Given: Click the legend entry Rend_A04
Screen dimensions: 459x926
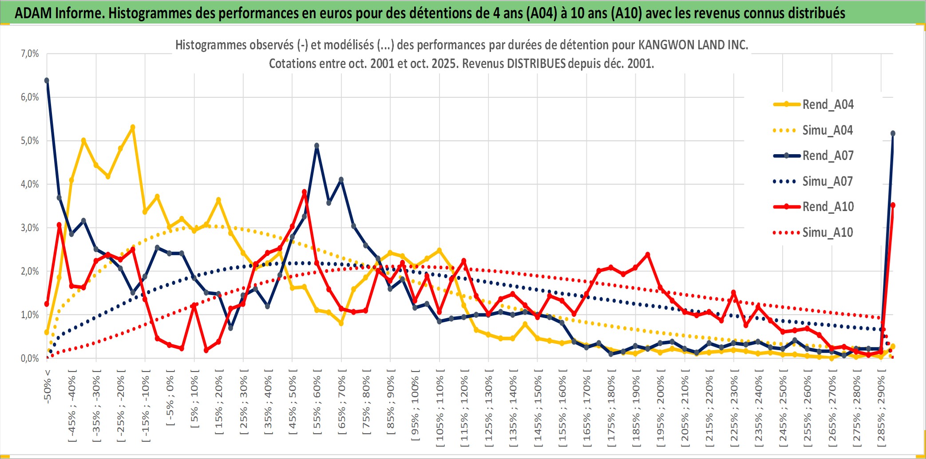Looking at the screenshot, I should (x=827, y=104).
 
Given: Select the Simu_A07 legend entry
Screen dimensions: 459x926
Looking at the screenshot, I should (x=827, y=181).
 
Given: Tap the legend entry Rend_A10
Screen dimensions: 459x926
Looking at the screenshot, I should (x=827, y=207).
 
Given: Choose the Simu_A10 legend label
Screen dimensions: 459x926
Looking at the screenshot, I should (x=827, y=232).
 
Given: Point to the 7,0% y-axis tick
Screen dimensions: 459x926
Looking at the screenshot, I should (x=30, y=54).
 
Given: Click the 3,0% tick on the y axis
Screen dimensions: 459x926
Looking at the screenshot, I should (x=30, y=228).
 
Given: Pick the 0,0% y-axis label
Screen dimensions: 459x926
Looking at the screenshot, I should (x=30, y=358).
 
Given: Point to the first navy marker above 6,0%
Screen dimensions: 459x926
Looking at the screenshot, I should (x=47, y=80).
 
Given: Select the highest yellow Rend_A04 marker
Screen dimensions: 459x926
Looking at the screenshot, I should (x=133, y=127).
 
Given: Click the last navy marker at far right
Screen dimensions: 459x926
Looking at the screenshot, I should (x=893, y=133).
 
